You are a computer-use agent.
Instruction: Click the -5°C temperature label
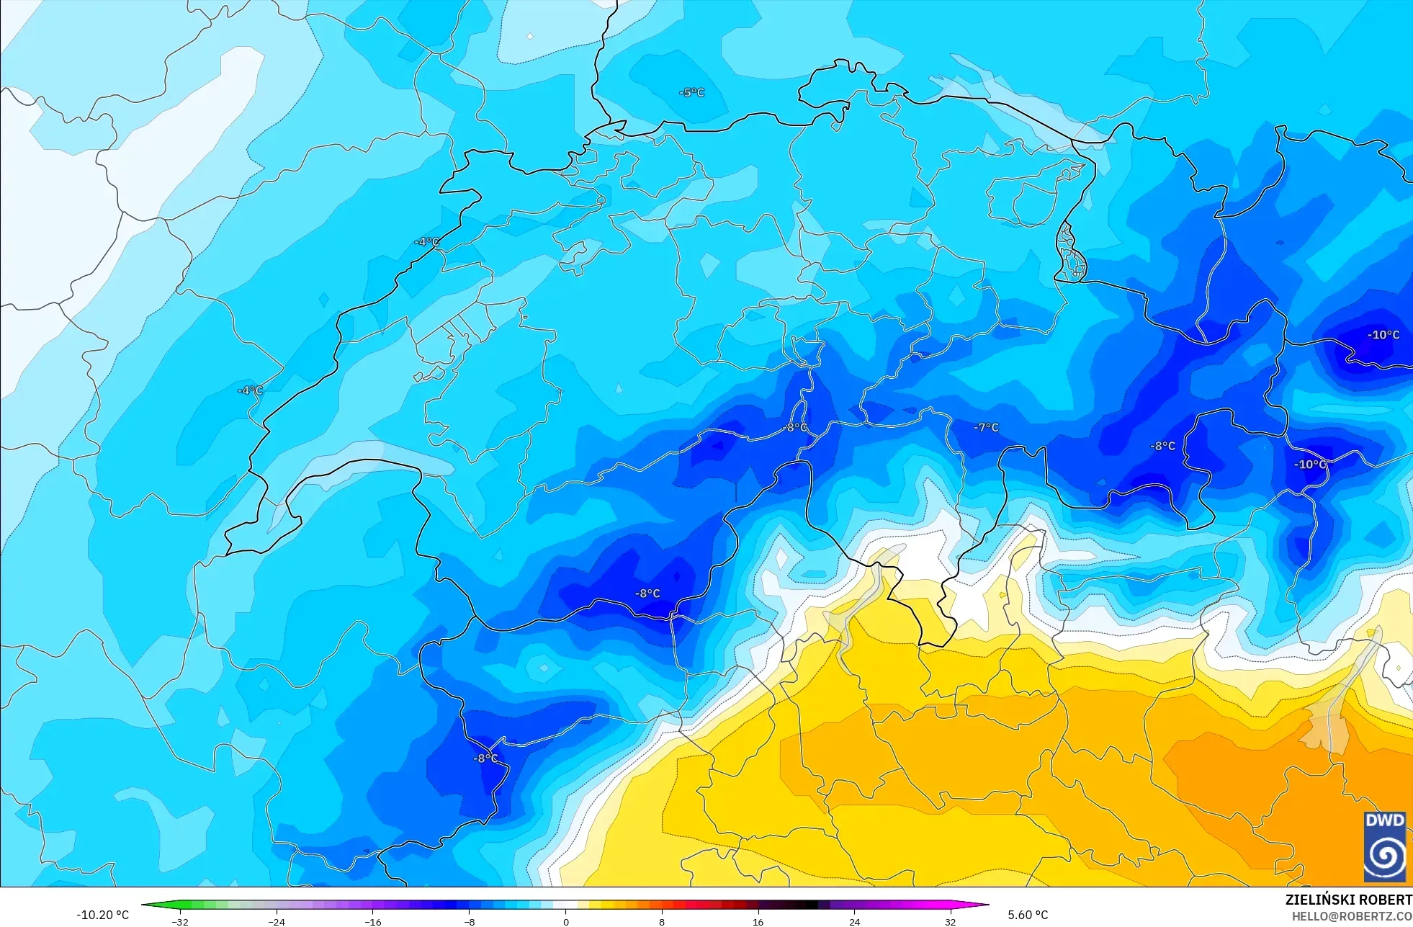691,93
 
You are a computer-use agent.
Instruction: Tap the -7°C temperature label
986,427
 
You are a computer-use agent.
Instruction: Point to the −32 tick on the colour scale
180,921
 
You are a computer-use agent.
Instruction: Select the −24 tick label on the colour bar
277,921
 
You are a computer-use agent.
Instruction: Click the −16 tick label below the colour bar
372,921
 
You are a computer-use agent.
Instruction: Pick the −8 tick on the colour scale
469,921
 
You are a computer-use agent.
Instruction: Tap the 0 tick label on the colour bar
565,921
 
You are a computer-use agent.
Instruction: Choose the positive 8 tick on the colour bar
662,921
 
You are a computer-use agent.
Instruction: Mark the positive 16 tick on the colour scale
758,921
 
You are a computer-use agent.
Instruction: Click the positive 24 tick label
854,921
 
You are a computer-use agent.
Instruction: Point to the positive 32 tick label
951,921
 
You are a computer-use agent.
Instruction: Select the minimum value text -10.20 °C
103,915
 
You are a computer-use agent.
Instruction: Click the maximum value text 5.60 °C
1028,915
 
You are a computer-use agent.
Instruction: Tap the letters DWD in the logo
1384,820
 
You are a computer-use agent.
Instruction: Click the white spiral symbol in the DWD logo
1384,855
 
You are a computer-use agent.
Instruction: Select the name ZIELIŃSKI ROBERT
1348,900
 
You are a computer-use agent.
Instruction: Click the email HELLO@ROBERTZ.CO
1351,916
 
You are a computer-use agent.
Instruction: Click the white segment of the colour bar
565,905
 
